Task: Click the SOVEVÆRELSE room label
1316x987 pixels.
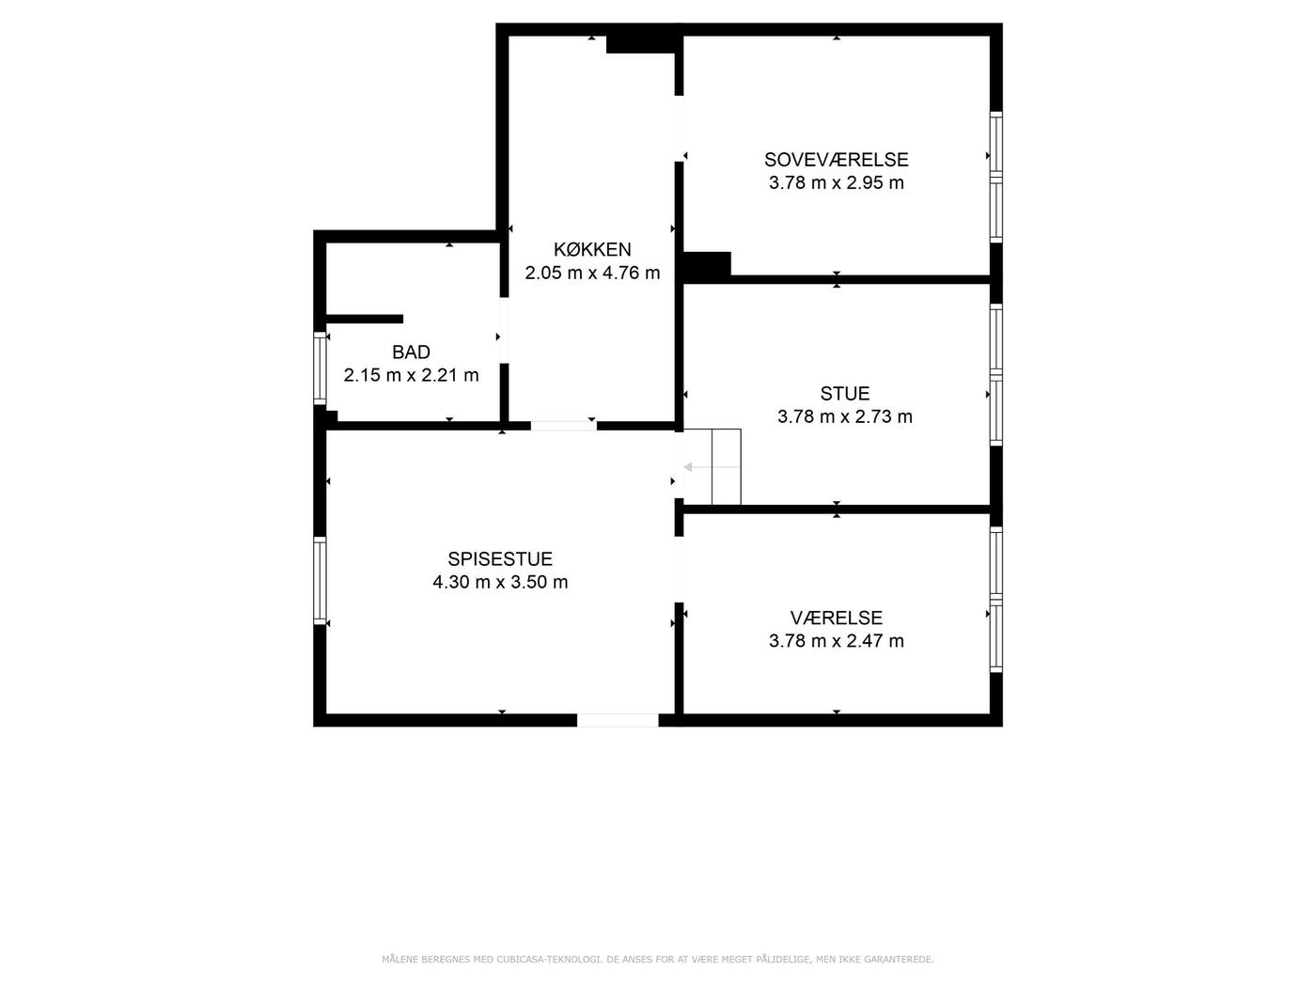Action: point(836,160)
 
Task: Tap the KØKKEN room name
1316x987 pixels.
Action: point(592,249)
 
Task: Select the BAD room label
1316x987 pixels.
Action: point(412,352)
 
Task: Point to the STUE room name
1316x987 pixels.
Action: point(845,393)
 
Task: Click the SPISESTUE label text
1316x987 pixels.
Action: point(500,558)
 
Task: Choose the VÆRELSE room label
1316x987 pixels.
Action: point(836,618)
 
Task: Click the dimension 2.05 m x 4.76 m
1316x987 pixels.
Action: point(592,273)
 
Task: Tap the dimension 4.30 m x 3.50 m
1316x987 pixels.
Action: point(500,582)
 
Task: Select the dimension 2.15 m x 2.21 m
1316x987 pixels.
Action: point(412,375)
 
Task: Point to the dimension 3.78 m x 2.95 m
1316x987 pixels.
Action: point(836,182)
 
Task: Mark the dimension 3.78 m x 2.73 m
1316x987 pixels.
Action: point(845,416)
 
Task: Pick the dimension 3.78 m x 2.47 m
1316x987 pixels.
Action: point(836,641)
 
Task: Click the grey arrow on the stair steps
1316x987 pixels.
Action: point(711,467)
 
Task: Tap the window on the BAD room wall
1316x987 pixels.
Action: point(321,368)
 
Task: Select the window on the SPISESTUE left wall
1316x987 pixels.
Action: point(321,580)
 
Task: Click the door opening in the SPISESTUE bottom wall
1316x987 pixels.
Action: point(618,720)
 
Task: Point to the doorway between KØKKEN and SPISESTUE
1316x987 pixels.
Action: point(564,426)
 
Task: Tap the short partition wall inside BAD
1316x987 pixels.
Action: point(364,319)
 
